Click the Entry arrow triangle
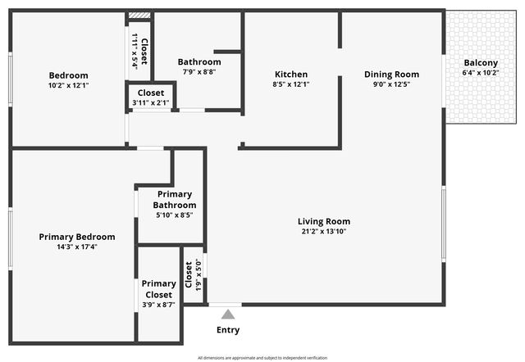click(228, 314)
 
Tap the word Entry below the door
click(228, 330)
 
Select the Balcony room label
click(481, 63)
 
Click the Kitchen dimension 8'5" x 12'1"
click(290, 84)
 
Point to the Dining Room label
click(391, 74)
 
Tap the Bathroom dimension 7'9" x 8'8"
click(199, 72)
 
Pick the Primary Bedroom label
click(77, 237)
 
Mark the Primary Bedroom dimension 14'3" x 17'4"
click(77, 247)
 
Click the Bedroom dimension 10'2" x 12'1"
click(68, 85)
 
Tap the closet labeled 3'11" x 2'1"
click(151, 97)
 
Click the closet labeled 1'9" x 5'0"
click(193, 274)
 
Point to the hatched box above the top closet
click(139, 15)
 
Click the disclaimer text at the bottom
click(262, 357)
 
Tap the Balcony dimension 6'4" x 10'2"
click(481, 73)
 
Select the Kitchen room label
click(290, 74)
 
